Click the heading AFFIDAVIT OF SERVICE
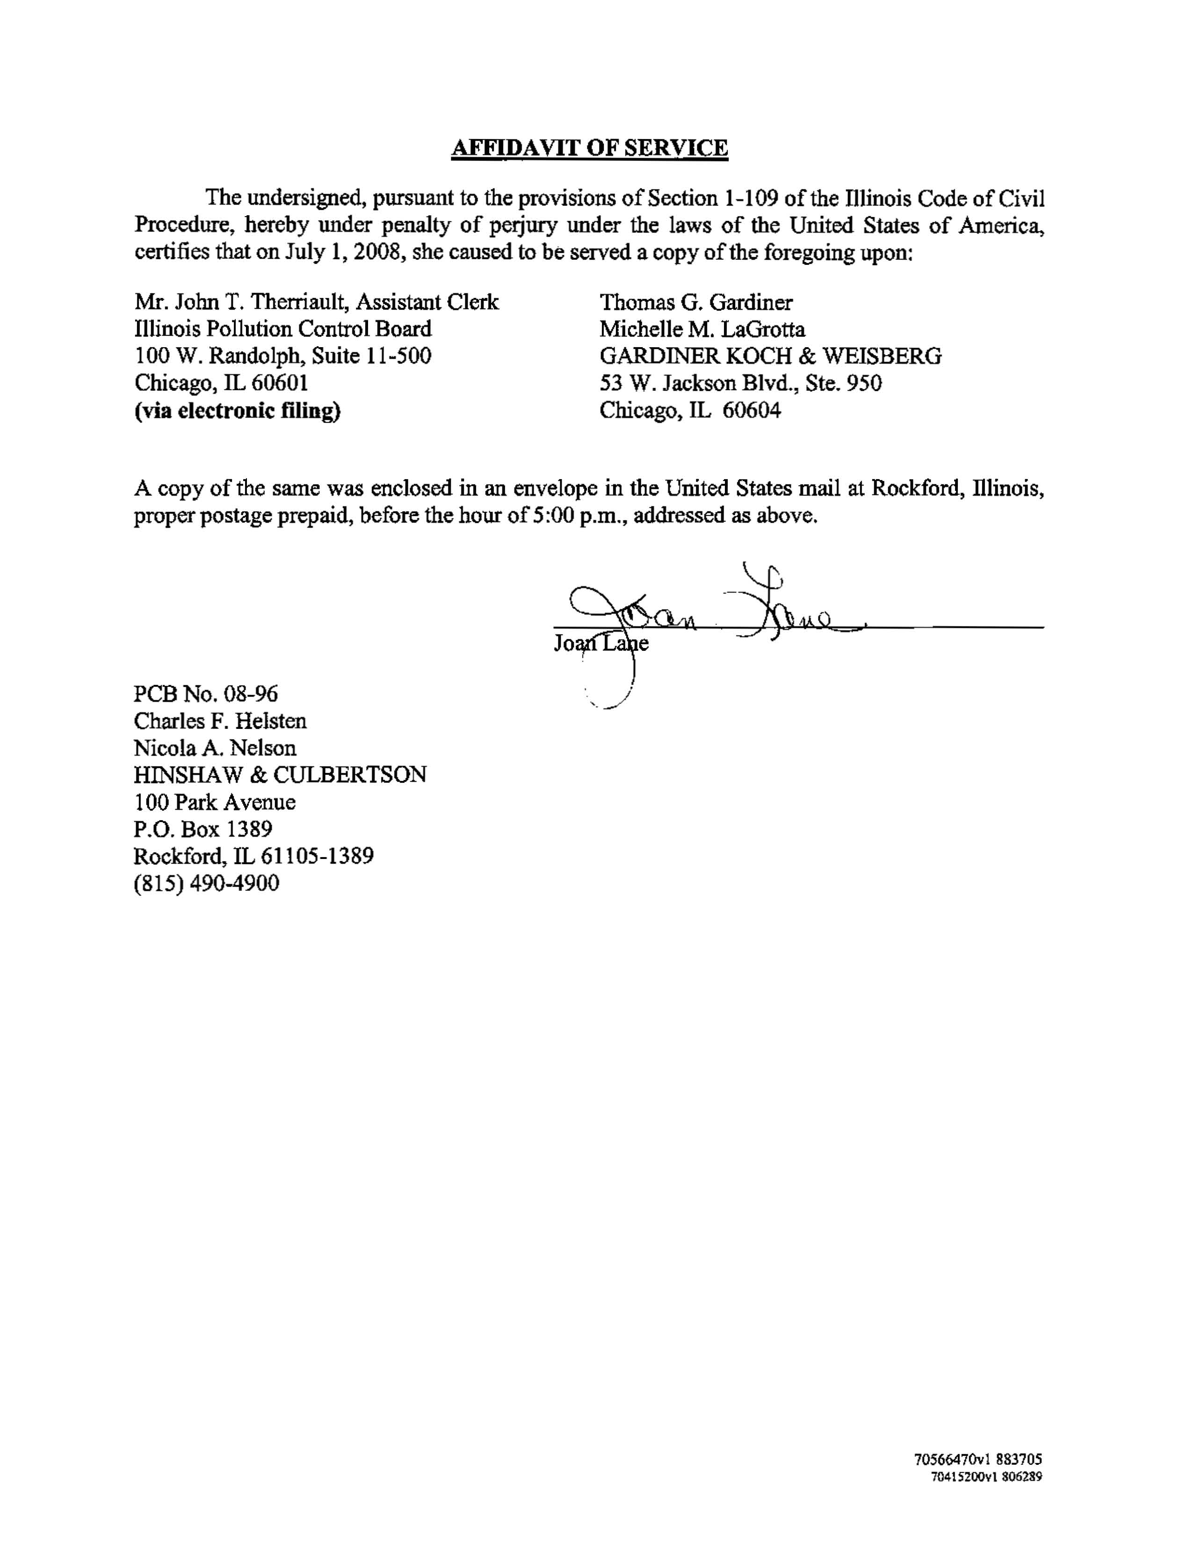click(590, 148)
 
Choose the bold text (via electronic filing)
click(237, 410)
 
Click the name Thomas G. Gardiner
click(696, 302)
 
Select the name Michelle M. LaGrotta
click(702, 329)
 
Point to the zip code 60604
click(752, 410)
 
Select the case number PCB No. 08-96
click(206, 693)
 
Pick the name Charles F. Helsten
click(220, 721)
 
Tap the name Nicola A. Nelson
click(215, 748)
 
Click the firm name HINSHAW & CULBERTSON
click(280, 775)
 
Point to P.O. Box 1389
click(203, 829)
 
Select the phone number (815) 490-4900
click(206, 884)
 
